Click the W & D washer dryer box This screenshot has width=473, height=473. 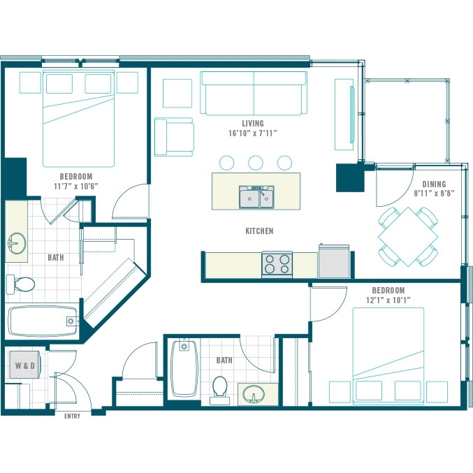tap(24, 365)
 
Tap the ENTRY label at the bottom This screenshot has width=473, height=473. tap(73, 416)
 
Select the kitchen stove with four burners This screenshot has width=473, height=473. tap(277, 264)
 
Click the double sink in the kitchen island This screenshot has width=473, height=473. tap(256, 197)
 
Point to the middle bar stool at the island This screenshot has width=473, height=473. tap(256, 163)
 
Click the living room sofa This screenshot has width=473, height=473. tap(254, 93)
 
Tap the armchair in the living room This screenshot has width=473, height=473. tap(174, 137)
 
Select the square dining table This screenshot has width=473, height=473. tap(408, 236)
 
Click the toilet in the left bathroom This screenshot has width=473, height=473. tap(20, 284)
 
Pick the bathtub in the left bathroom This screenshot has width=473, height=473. tap(43, 321)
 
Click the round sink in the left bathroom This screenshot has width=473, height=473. tap(17, 243)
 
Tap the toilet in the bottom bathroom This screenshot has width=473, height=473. tap(219, 390)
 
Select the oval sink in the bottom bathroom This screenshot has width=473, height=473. tap(254, 395)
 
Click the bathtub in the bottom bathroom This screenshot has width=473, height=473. tap(184, 369)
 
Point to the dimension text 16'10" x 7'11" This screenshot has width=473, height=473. tap(253, 133)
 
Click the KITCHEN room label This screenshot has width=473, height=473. tap(259, 231)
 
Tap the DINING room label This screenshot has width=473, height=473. tap(434, 184)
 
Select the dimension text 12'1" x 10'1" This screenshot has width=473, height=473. tap(388, 300)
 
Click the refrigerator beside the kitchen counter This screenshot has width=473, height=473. tap(334, 261)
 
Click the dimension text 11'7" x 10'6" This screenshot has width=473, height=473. tap(76, 187)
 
